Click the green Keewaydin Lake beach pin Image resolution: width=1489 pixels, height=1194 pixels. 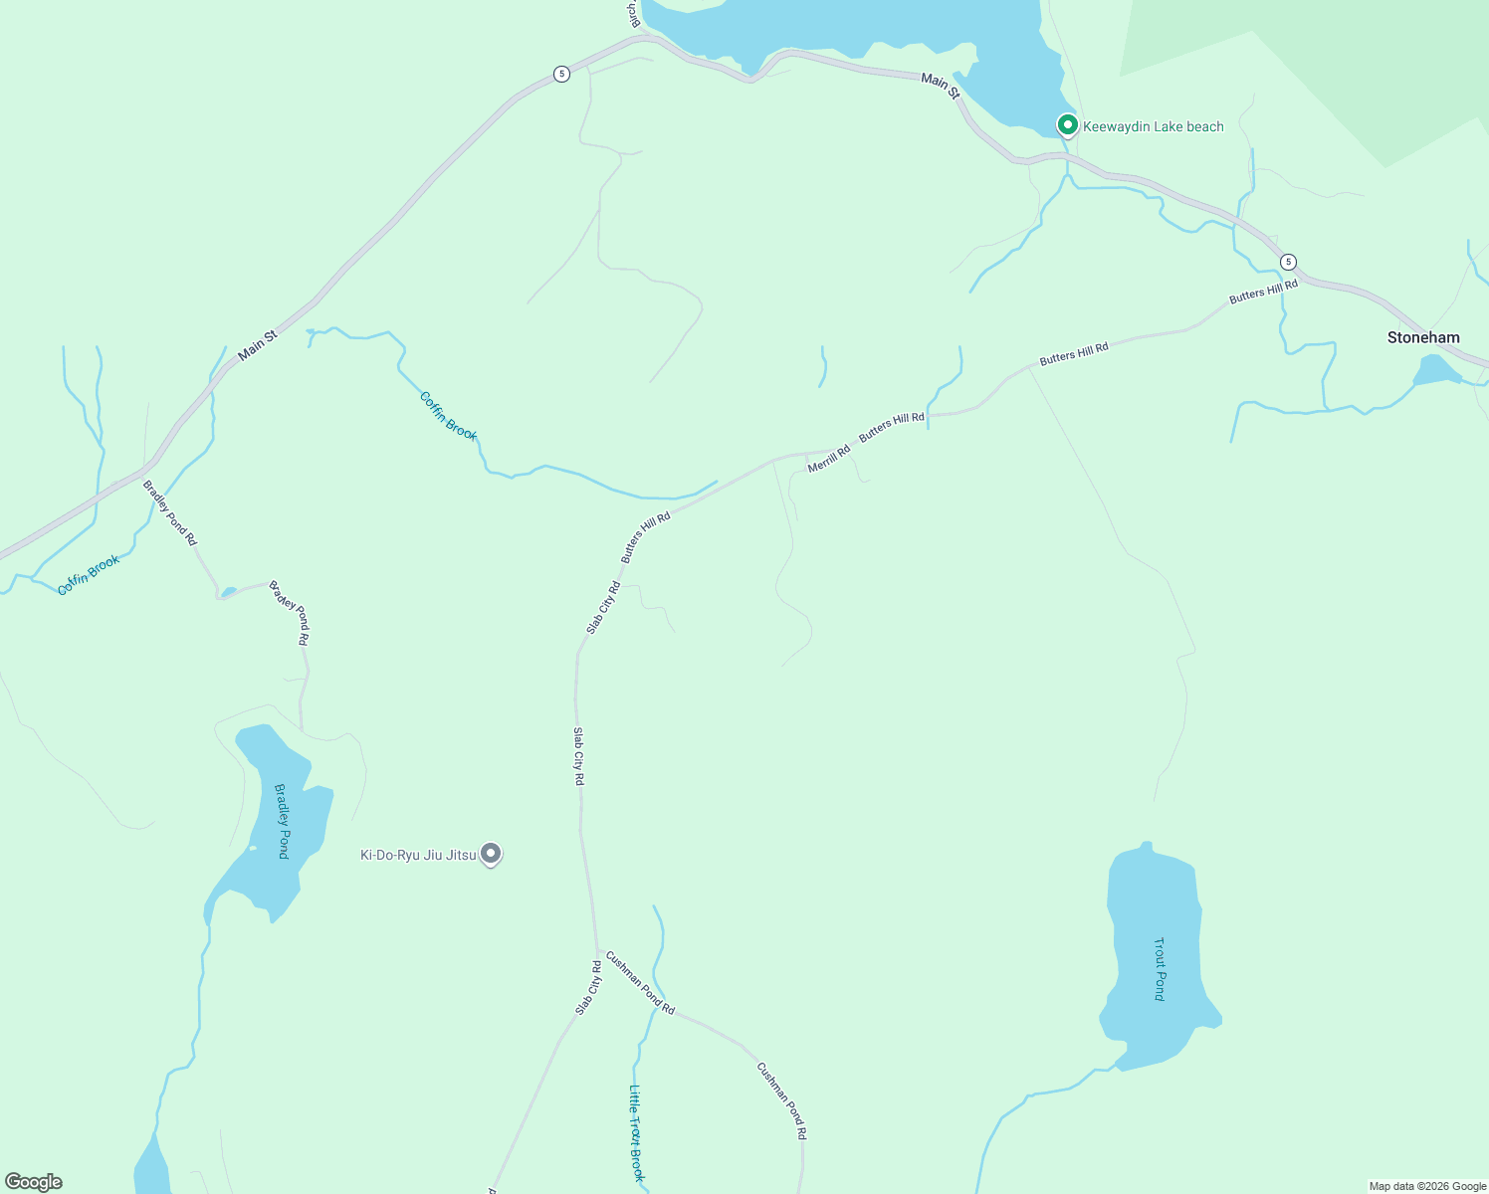coord(1067,125)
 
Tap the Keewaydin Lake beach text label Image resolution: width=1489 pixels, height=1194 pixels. coord(1153,127)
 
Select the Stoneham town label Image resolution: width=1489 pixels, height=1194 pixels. coord(1423,338)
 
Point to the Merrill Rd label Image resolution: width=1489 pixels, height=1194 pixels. coord(829,459)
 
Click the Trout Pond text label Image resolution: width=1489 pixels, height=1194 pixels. coord(1160,968)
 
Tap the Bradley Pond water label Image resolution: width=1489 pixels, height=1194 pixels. coord(282,821)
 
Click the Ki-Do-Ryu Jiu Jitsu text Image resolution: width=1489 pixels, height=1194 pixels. coord(418,855)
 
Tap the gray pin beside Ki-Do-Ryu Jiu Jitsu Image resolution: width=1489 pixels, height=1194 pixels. coord(491,854)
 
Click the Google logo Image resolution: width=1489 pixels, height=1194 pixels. coord(34,1182)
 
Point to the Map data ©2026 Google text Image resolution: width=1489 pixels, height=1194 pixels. coord(1427,1186)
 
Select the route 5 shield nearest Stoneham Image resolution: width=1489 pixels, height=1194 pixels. coord(1289,262)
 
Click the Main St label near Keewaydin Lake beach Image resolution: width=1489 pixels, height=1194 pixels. coord(940,86)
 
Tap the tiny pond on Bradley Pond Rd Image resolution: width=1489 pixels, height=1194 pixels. coord(229,592)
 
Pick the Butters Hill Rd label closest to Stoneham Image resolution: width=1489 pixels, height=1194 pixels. coord(1263,292)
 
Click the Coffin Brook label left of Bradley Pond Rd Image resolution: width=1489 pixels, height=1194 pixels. coord(89,575)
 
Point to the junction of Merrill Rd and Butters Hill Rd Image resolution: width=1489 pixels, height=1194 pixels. coord(806,454)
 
